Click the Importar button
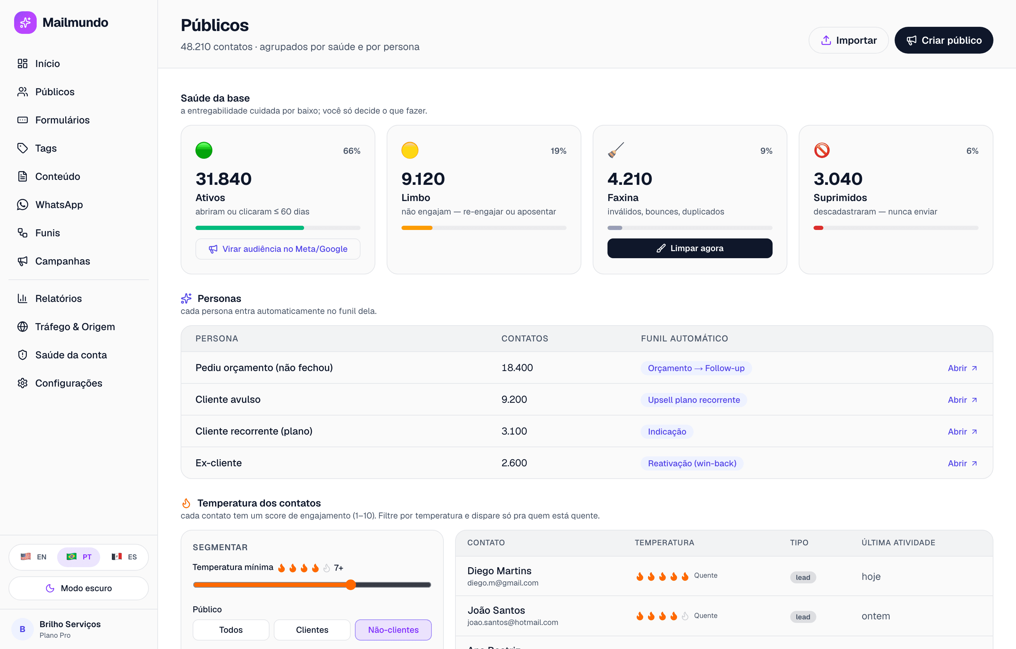click(848, 40)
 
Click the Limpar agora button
click(689, 248)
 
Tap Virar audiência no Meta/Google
click(278, 249)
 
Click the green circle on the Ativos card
click(204, 150)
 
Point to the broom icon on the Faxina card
click(616, 150)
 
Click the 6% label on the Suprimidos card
click(972, 151)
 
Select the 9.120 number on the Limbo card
click(423, 179)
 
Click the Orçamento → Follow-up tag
click(696, 368)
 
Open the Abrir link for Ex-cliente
click(962, 463)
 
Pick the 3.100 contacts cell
click(514, 431)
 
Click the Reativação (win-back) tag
click(692, 463)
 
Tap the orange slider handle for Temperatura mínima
click(351, 584)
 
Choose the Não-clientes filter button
click(393, 630)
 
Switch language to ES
click(125, 557)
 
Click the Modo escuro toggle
click(79, 588)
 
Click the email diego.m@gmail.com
click(502, 583)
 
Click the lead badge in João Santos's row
click(803, 617)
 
